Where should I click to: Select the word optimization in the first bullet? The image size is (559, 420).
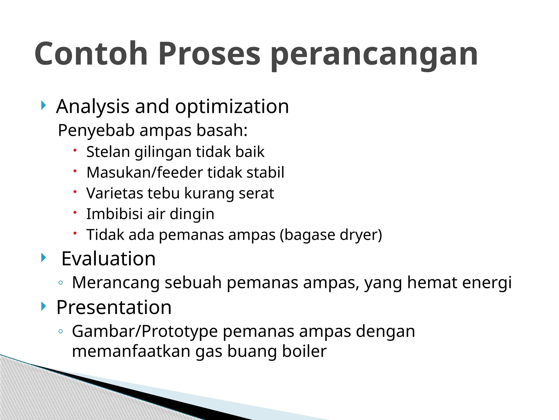232,106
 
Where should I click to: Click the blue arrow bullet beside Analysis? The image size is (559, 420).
43,105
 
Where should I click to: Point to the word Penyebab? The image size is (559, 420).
96,130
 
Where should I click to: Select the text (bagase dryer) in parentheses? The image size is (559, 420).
331,235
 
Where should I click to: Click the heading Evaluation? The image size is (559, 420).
108,259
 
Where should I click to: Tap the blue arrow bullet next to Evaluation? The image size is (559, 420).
43,257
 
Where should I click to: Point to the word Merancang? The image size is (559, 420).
116,282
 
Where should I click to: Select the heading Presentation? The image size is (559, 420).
114,308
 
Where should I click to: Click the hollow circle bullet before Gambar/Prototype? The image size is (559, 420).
61,331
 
